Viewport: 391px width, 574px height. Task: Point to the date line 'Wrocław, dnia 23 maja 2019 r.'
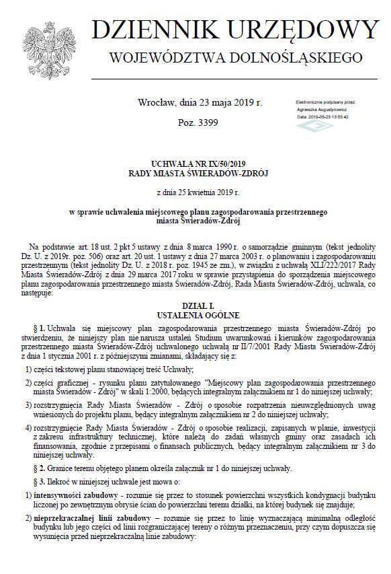(200, 104)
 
